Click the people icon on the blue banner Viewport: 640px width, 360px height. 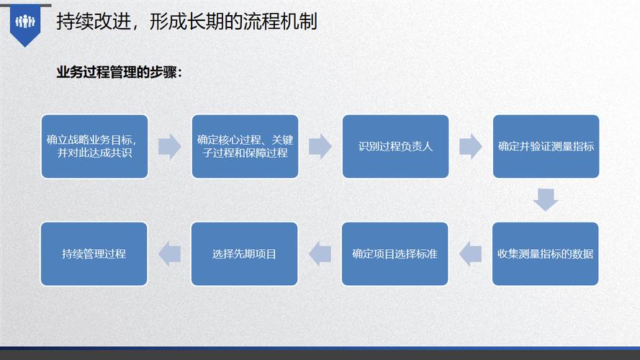click(x=25, y=21)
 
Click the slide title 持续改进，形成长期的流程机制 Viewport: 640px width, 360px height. click(x=186, y=21)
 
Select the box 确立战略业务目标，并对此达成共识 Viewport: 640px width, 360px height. click(x=94, y=147)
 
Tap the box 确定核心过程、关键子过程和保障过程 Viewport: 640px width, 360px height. click(x=245, y=147)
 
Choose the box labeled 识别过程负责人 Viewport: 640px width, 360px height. click(x=395, y=147)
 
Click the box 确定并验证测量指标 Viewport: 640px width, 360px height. click(x=546, y=147)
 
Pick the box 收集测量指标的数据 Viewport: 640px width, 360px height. click(x=545, y=254)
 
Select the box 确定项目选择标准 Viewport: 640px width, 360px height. click(x=395, y=254)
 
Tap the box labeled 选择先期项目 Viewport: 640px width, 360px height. click(x=244, y=254)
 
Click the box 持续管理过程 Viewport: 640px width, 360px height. click(x=94, y=254)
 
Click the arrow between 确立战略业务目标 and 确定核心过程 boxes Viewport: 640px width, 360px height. click(x=170, y=147)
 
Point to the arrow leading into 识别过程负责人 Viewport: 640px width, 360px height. click(x=320, y=147)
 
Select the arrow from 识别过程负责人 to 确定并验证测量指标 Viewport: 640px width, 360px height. click(x=471, y=147)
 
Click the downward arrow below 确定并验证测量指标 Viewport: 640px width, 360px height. click(x=546, y=199)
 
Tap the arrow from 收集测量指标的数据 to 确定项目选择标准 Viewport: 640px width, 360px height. click(x=470, y=254)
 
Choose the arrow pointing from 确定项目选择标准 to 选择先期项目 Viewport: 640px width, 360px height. click(x=320, y=254)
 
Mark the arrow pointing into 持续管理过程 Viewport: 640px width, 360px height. click(x=169, y=254)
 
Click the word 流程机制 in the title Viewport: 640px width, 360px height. click(x=281, y=21)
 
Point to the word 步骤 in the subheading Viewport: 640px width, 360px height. click(x=163, y=73)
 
